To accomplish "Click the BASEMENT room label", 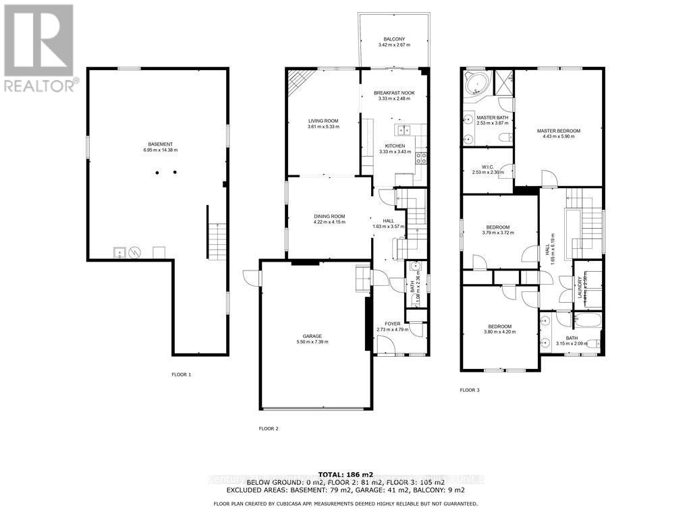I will [161, 144].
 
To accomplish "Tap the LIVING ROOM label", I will [323, 121].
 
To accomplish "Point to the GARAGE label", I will [312, 336].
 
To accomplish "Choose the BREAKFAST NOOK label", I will [394, 92].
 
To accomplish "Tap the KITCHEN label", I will [395, 146].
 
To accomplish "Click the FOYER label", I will [392, 324].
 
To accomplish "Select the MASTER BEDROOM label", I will [558, 131].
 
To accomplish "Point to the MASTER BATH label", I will [492, 117].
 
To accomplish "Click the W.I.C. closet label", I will [489, 167].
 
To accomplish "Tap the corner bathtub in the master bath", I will [477, 84].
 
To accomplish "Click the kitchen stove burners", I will [421, 159].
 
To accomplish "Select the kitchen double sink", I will [403, 130].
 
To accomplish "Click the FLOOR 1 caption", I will [182, 374].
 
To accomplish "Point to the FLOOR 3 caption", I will [470, 390].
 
